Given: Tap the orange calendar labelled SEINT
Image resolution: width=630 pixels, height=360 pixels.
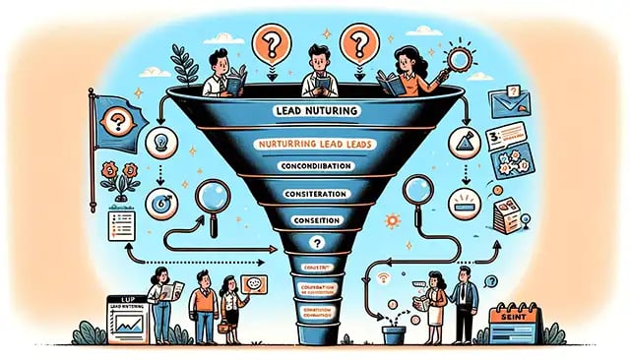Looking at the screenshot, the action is tap(513, 321).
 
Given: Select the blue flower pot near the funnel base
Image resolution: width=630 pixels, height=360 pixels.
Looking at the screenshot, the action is tap(393, 333).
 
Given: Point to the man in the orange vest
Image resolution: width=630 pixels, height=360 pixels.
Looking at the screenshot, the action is tap(204, 302).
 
